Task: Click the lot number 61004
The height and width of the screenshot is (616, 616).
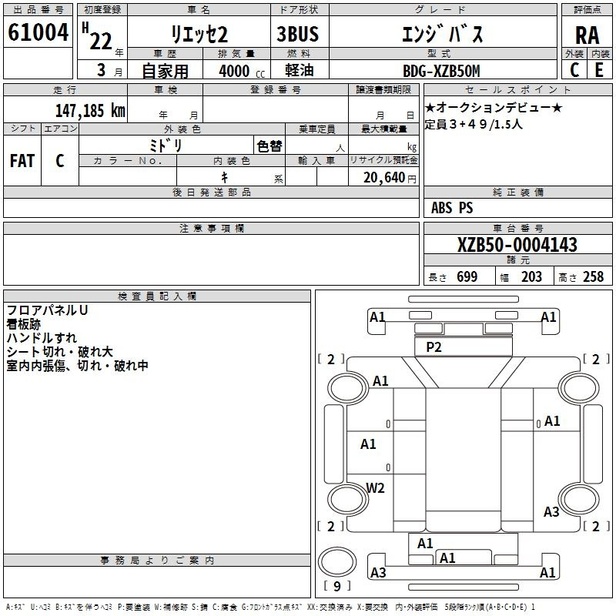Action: coord(38,32)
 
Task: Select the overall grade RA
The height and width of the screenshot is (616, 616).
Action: coord(587,35)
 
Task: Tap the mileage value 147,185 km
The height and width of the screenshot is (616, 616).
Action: coord(90,110)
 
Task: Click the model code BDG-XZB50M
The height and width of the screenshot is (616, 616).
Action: coord(441,71)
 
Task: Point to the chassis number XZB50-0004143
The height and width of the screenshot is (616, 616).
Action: coord(517,245)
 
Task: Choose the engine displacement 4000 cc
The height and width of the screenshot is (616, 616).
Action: coord(242,71)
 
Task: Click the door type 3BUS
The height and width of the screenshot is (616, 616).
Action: coord(297,34)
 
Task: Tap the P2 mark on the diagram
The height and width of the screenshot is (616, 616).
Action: coord(434,347)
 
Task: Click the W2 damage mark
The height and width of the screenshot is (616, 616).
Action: coord(375,488)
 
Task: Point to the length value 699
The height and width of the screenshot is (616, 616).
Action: coord(467,276)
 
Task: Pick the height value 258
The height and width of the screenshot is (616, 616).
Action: coord(593,276)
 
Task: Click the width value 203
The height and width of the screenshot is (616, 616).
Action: coord(531,276)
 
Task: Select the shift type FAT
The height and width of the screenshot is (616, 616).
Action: coord(22,161)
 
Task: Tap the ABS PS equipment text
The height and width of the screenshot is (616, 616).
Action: coord(452,208)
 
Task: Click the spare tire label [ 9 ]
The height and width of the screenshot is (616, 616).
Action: coord(337,586)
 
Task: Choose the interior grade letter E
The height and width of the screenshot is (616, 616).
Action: coord(599,70)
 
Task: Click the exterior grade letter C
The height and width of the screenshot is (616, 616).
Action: coord(574,70)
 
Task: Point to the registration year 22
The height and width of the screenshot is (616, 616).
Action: coord(101,42)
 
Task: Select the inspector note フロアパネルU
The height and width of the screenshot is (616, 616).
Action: coord(47,310)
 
